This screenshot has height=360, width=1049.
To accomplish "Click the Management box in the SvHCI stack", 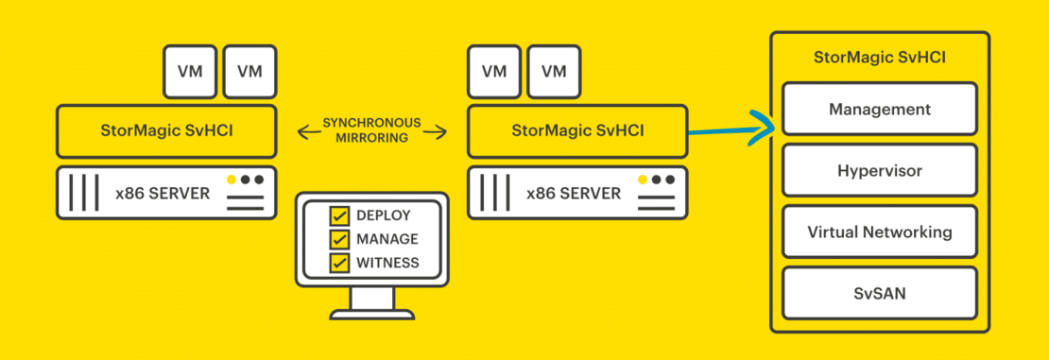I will coord(879,109).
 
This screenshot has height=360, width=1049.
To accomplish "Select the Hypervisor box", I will coord(879,171).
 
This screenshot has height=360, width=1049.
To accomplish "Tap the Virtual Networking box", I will coord(879,231).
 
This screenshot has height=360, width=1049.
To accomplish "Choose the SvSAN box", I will coord(879,293).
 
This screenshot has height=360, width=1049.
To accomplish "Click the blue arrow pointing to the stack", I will coord(732,130).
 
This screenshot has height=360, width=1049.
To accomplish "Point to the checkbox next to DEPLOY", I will coord(338,216).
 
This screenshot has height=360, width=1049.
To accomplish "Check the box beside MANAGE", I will coord(338,239).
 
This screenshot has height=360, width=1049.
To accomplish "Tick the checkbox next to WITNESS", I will coord(338,262).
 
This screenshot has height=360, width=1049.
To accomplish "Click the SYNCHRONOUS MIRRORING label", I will coord(371,130).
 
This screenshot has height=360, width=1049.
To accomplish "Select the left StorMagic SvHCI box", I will coord(166,130).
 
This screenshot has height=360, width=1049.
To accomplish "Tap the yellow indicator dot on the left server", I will coord(232,180).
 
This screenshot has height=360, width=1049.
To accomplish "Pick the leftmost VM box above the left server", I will coord(189,71).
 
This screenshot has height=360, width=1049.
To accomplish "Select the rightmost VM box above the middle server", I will coord(554,71).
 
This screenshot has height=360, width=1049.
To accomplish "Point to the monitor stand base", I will coord(371,314).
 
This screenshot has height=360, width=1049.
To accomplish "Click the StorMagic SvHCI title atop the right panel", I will coord(879,58).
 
